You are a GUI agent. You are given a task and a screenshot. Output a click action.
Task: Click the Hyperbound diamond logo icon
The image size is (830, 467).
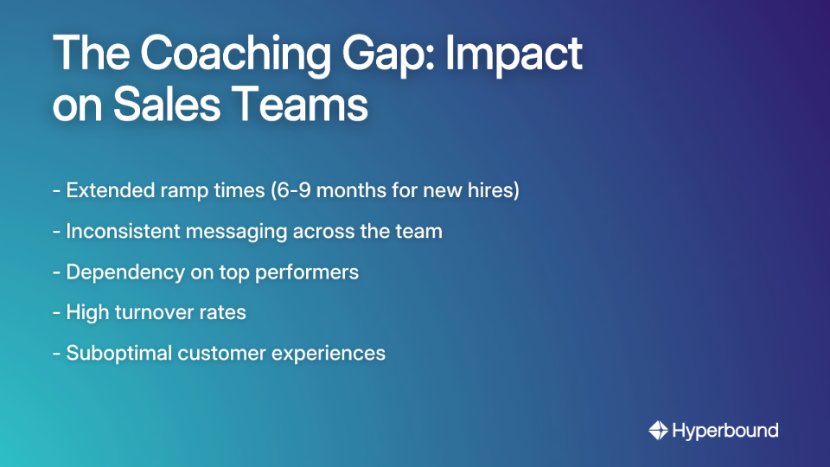tap(658, 430)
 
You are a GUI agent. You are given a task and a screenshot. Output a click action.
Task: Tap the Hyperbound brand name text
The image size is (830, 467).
tap(725, 431)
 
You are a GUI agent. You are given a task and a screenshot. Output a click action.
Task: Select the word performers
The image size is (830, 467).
tap(309, 272)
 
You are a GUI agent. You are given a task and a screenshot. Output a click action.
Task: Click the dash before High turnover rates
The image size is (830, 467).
tap(56, 312)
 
